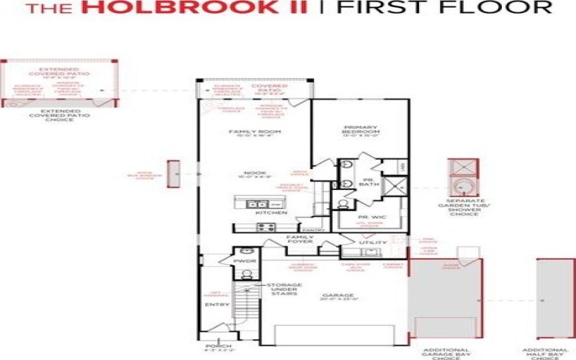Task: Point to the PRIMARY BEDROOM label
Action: (x=360, y=130)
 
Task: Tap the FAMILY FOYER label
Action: (x=299, y=241)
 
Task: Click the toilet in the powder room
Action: (x=246, y=274)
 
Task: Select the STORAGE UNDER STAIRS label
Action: (x=284, y=289)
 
